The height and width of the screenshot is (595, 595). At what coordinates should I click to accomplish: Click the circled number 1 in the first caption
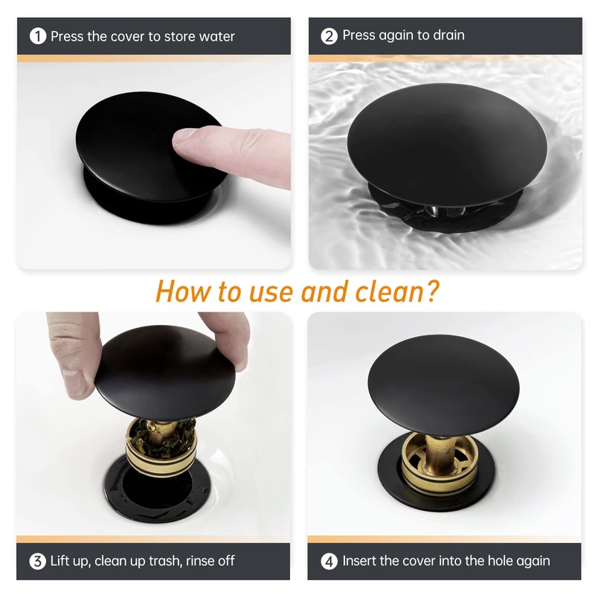pyautogui.click(x=38, y=36)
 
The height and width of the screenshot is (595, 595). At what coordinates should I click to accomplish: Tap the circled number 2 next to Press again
pyautogui.click(x=329, y=36)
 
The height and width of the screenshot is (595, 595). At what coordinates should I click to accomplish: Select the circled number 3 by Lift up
pyautogui.click(x=38, y=561)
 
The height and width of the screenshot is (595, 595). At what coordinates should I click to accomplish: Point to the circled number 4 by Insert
pyautogui.click(x=329, y=562)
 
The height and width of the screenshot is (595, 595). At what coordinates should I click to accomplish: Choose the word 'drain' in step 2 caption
pyautogui.click(x=449, y=35)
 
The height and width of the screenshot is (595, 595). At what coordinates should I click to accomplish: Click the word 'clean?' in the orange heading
pyautogui.click(x=397, y=292)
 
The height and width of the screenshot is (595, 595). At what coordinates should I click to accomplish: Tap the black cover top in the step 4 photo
pyautogui.click(x=443, y=385)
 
